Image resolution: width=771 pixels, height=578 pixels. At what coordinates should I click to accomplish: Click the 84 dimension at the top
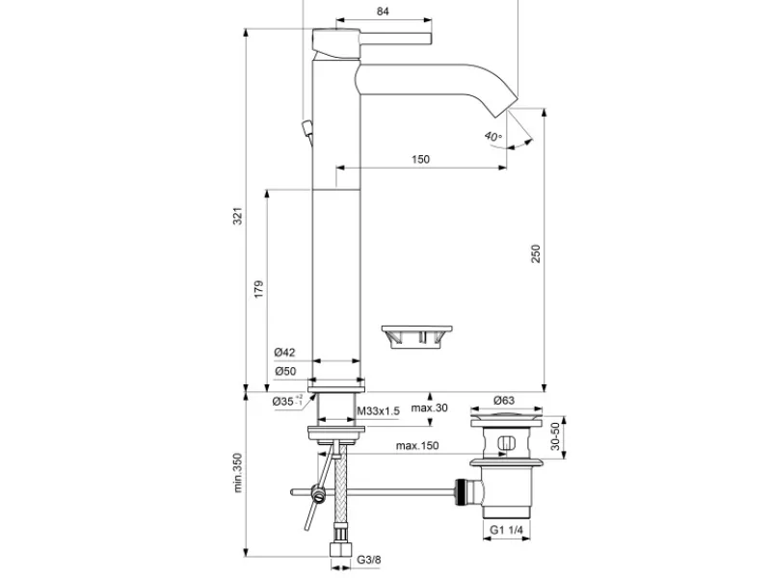point(383,11)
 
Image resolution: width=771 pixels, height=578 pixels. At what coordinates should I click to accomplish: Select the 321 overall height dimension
point(237,216)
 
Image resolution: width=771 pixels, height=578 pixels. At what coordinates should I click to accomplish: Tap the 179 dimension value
point(258,289)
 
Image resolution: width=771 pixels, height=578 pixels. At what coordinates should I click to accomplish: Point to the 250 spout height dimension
point(536,253)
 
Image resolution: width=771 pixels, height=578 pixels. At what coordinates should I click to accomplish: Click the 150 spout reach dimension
point(420,159)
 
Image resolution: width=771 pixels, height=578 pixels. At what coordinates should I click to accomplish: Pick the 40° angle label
point(492,136)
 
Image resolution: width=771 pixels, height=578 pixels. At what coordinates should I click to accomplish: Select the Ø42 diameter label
point(284,352)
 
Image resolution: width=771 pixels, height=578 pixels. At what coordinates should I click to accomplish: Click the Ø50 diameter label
point(285,371)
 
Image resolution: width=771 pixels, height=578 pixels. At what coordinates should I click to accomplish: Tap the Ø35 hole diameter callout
point(288,401)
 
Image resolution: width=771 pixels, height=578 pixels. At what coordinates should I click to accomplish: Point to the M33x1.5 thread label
point(378,411)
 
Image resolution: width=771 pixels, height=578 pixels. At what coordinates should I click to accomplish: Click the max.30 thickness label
point(429,407)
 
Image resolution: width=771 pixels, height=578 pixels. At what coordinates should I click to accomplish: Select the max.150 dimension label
point(417,446)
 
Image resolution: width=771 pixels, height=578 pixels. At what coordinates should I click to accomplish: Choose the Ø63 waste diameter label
point(504,401)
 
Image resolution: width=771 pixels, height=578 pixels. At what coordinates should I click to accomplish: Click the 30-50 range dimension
point(555,436)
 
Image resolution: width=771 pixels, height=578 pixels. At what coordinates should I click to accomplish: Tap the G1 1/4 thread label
point(507,530)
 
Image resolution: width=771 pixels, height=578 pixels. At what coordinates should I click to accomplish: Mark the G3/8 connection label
point(369,560)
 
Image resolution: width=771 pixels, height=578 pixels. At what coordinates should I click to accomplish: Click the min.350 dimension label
point(238,473)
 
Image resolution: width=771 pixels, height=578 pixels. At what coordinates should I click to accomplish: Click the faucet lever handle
point(372,39)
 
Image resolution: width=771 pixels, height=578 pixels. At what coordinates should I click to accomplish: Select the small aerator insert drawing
point(417,336)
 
